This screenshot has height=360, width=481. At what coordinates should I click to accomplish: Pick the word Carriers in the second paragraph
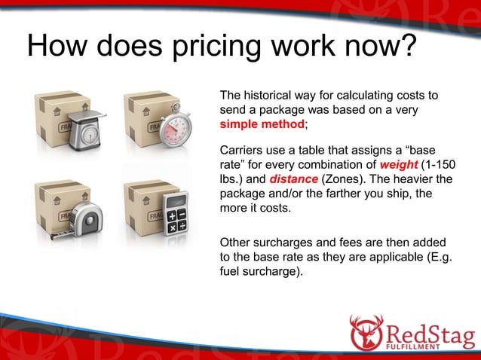pos(240,151)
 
